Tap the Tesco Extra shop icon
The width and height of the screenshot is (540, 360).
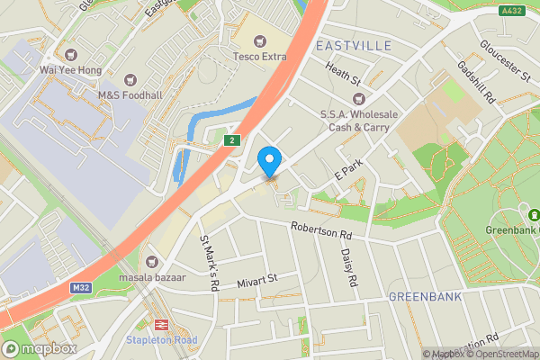point(261,40)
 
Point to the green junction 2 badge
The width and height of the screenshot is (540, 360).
point(231,140)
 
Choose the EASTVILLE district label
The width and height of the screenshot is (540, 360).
point(352,44)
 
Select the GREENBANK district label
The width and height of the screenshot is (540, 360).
point(425,296)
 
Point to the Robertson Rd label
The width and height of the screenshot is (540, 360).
point(319,230)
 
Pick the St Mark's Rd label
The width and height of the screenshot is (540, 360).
point(210,264)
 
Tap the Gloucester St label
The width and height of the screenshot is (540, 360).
point(504,60)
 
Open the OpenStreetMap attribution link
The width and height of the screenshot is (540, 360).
point(501,354)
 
